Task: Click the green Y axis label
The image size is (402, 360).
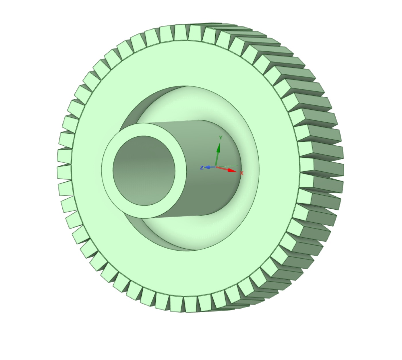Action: tap(221, 138)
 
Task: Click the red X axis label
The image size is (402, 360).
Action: tap(241, 173)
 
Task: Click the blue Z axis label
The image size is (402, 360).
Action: tap(202, 168)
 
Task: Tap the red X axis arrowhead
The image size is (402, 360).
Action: tap(232, 170)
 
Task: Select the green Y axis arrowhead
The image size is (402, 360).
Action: tap(219, 148)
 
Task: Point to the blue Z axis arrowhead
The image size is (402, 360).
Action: tap(207, 167)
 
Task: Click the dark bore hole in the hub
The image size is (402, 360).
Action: tap(144, 171)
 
